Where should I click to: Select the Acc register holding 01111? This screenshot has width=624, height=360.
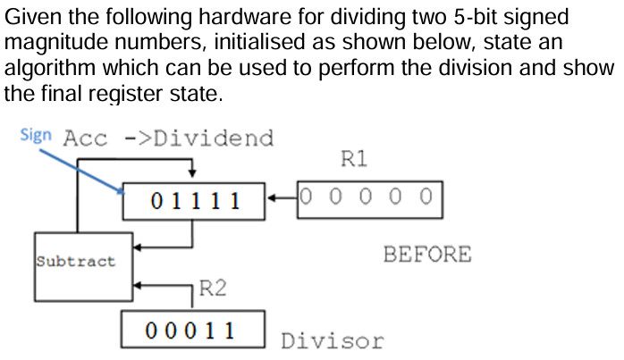195,199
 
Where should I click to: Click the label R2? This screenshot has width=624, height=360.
212,288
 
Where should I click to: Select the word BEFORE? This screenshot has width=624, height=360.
426,255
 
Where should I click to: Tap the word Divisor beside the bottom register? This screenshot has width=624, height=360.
332,340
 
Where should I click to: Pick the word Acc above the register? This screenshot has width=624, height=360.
86,138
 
